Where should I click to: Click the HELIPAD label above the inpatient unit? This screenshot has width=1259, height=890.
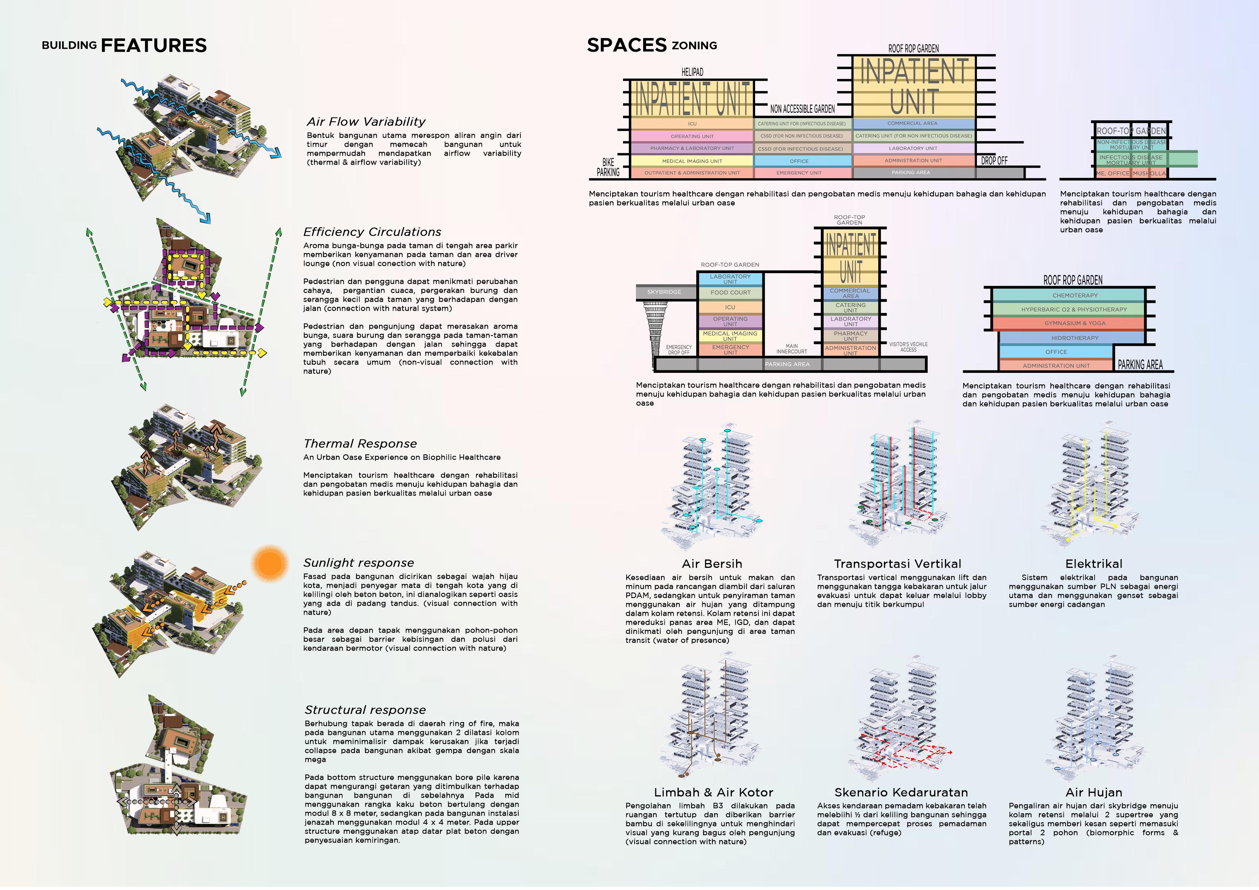pos(692,72)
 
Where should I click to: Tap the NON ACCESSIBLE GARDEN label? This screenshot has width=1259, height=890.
pos(802,109)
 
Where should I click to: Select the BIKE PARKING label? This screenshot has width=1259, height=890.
pos(608,167)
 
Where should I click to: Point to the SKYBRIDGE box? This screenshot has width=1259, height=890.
pos(664,292)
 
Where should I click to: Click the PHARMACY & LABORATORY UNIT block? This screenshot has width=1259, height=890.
pos(692,149)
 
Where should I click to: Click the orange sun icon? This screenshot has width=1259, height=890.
pos(270,563)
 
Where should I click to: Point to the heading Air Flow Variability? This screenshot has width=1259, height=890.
pos(366,122)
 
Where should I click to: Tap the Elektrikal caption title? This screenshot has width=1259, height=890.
pos(1094,564)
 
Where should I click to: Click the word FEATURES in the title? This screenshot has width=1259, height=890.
pos(154,46)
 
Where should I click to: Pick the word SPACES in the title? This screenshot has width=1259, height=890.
pos(627,45)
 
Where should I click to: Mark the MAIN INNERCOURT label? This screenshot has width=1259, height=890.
pos(791,349)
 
